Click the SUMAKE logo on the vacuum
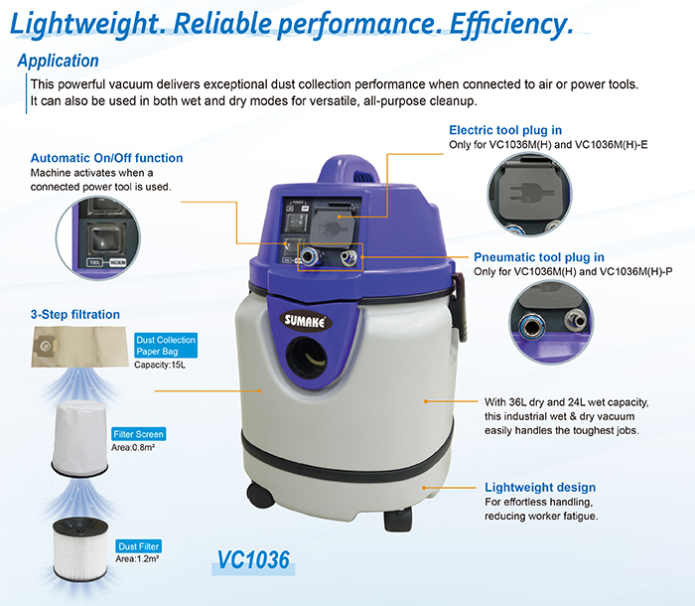tap(305, 320)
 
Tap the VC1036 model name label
tap(253, 560)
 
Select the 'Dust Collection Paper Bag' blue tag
tap(166, 345)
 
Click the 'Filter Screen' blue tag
tap(138, 434)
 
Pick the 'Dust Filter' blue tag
tap(138, 546)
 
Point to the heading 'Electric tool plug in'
tap(505, 130)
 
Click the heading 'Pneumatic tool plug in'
tap(539, 257)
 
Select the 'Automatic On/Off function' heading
tap(107, 158)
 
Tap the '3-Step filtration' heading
tap(75, 314)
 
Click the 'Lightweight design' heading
tap(540, 487)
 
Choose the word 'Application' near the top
tap(58, 61)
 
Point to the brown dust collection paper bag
tap(79, 347)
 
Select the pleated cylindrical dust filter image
tap(80, 549)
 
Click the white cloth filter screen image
tap(79, 438)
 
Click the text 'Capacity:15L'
tap(160, 365)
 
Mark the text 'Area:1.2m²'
tap(137, 558)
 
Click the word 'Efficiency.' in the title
tap(511, 25)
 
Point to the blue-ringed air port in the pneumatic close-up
tap(530, 328)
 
